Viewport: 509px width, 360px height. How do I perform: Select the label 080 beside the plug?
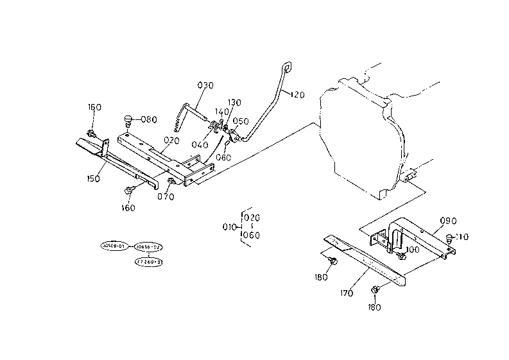tap(148, 119)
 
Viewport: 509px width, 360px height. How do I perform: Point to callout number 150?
tap(94, 178)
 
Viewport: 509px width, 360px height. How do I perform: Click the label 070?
tap(166, 197)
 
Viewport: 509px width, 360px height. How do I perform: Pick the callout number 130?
tap(234, 103)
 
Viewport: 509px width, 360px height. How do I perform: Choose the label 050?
tap(241, 121)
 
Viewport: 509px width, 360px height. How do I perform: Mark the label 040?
tap(199, 145)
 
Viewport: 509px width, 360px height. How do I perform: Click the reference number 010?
tap(229, 227)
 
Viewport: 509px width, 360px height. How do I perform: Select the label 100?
tap(413, 249)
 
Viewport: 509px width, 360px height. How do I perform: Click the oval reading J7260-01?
tap(149, 262)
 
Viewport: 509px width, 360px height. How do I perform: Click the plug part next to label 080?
tap(127, 120)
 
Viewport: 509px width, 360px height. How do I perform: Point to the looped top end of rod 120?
tap(286, 66)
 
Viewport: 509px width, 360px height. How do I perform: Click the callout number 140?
tap(220, 112)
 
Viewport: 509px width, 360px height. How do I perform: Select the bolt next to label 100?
tap(402, 255)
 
